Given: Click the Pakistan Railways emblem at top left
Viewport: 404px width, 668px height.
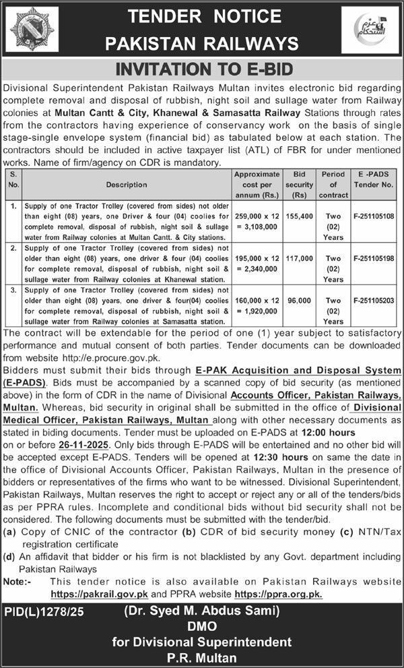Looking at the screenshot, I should [x=30, y=30].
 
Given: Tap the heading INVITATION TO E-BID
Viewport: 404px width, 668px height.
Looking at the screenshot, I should [x=202, y=69].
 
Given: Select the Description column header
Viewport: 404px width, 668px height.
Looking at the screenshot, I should [x=126, y=184].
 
